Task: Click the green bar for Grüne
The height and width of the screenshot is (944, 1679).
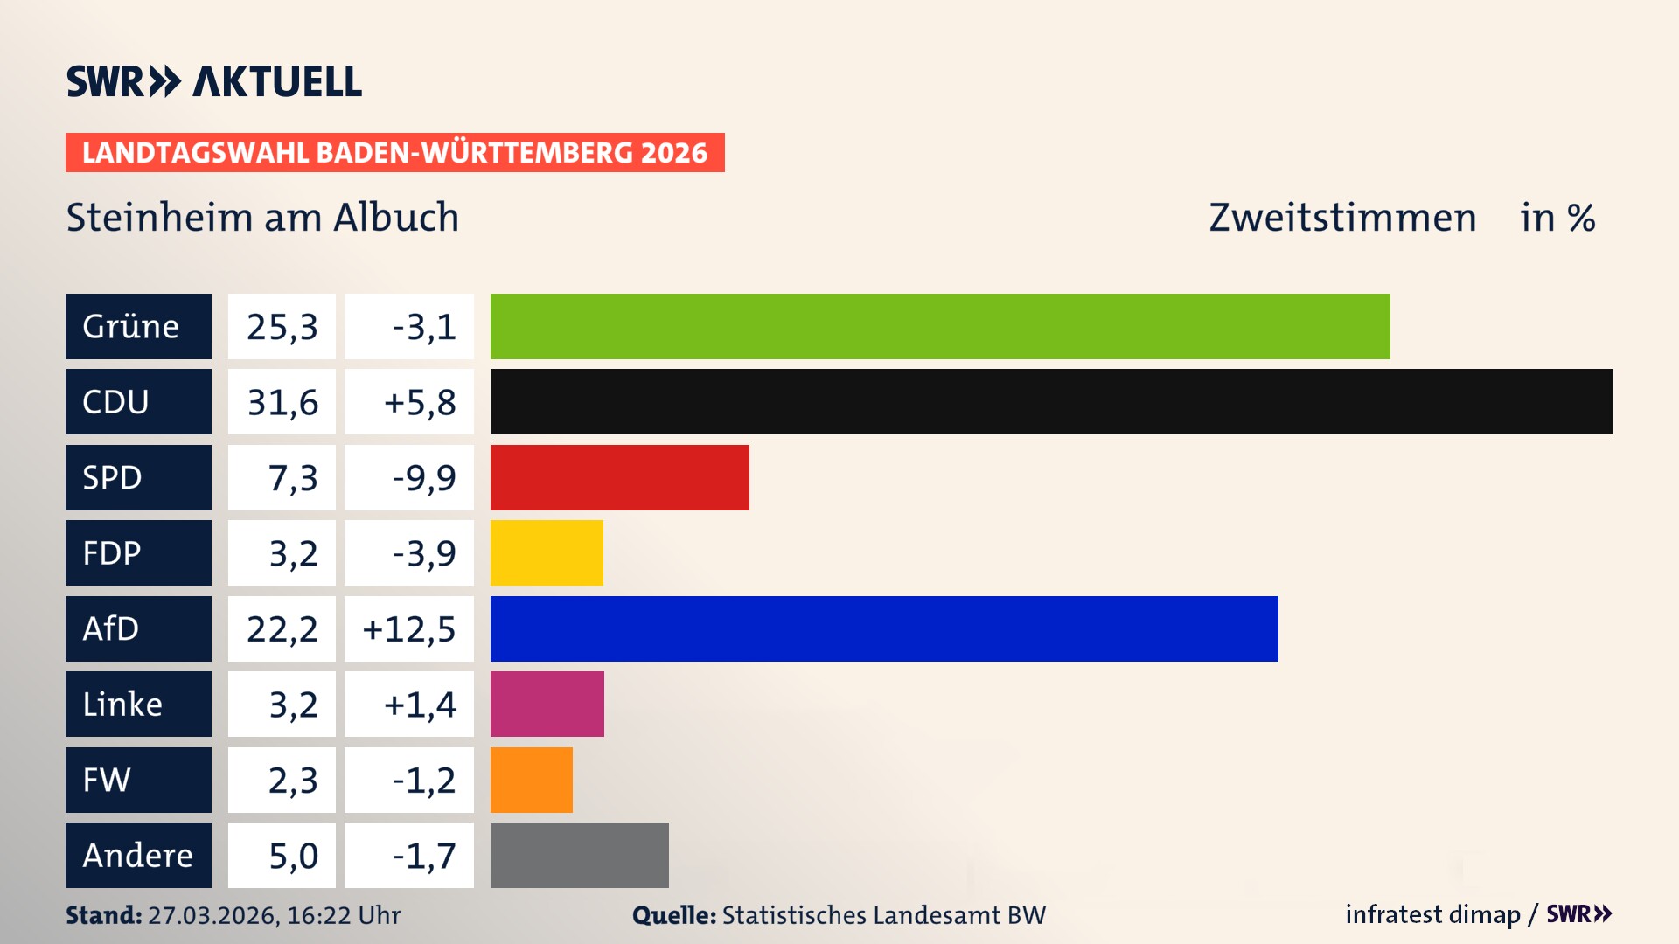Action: click(940, 326)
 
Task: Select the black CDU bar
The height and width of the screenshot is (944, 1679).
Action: click(1051, 401)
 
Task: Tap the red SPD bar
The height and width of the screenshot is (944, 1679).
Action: click(619, 477)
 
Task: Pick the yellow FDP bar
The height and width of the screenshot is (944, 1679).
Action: click(547, 552)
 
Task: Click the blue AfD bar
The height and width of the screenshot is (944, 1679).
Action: click(884, 628)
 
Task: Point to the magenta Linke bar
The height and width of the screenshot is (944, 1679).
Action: click(547, 704)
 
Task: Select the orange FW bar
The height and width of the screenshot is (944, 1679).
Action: click(531, 780)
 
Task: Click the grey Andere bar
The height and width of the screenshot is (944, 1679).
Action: click(579, 855)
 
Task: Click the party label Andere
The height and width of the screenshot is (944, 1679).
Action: click(138, 855)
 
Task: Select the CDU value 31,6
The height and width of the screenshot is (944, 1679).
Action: click(282, 402)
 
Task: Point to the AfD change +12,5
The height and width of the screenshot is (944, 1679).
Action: click(409, 629)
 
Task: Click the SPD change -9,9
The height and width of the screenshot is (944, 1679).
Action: click(423, 478)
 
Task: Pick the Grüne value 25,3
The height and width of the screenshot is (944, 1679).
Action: click(282, 327)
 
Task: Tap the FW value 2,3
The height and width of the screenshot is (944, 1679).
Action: click(292, 781)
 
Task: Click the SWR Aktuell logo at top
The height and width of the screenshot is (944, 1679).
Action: click(213, 81)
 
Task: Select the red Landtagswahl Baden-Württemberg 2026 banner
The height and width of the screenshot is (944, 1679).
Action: click(394, 152)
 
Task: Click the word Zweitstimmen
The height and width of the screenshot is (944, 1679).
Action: click(1342, 218)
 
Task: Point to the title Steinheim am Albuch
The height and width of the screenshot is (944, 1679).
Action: click(262, 218)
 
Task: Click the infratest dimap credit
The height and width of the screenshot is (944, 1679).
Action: click(1432, 914)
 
